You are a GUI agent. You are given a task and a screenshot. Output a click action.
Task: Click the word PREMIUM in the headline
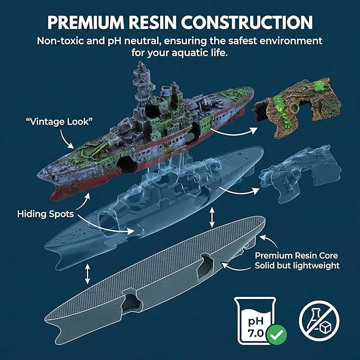coord(86,22)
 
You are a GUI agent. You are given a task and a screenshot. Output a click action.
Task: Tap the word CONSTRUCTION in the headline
coord(247,22)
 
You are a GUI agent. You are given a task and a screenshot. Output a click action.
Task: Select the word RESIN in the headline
coord(153,22)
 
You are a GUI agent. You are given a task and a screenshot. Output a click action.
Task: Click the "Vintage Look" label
coord(59,121)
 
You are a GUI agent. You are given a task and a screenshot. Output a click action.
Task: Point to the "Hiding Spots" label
coord(46,214)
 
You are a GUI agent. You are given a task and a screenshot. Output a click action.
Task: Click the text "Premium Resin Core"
coord(296,256)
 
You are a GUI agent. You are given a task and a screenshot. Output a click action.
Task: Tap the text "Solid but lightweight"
coord(297,266)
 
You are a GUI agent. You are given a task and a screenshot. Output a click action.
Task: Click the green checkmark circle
coord(277,335)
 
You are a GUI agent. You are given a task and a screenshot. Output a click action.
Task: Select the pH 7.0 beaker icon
coord(256,321)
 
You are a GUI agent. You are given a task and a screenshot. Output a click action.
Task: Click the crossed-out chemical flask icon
coord(319,321)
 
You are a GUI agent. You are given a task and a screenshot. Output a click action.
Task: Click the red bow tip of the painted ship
coord(56,193)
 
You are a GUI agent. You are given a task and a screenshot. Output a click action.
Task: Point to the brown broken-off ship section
coord(297,108)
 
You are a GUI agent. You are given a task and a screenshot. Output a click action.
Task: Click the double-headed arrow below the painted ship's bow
coord(87,274)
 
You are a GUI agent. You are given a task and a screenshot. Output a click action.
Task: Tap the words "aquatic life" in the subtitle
coord(200,53)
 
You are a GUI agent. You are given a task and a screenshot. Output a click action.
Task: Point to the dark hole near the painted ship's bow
coord(125,164)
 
